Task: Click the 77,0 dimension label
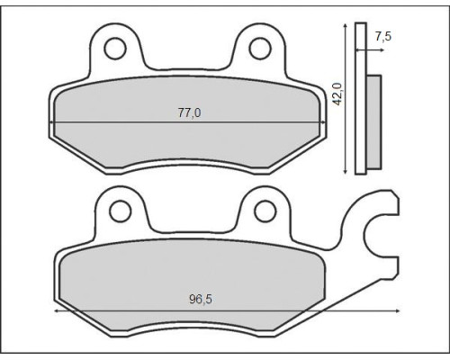coord(190,112)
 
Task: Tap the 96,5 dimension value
coord(201,299)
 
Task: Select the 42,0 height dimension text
coord(338,94)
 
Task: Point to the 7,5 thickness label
coord(383,36)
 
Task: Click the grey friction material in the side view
coord(373,121)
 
